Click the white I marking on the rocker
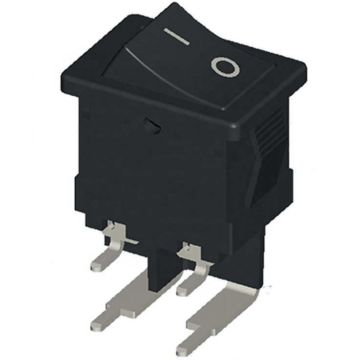(177, 36)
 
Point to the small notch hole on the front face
(153, 126)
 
